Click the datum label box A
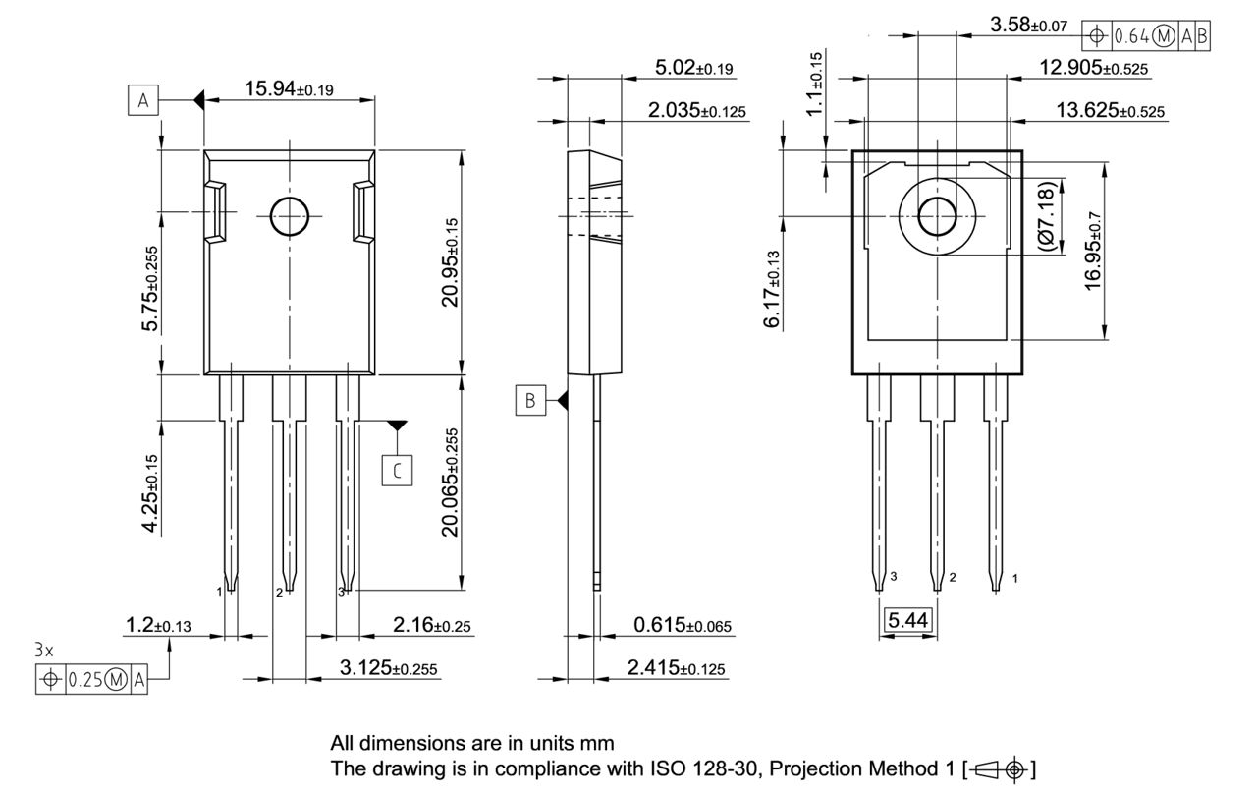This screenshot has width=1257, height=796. (x=143, y=100)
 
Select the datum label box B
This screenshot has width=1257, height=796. (x=529, y=401)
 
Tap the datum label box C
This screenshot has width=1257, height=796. (x=397, y=471)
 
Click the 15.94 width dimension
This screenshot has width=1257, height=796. (x=289, y=89)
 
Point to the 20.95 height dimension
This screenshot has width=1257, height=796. (x=450, y=262)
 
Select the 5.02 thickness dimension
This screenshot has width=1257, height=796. (x=694, y=68)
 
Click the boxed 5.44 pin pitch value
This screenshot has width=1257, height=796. (x=907, y=620)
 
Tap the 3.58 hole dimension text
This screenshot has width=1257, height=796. (x=1028, y=26)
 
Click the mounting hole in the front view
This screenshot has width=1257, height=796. (x=289, y=216)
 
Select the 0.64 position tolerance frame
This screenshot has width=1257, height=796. (x=1146, y=36)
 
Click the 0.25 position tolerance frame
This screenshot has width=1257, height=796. (x=91, y=679)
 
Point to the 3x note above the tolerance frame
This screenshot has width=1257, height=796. (x=44, y=651)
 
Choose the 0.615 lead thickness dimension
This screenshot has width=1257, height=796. (x=683, y=625)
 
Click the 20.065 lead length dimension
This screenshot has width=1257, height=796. (x=450, y=482)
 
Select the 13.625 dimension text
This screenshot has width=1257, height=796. (x=1110, y=110)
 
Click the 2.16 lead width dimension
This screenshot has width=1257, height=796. (x=432, y=625)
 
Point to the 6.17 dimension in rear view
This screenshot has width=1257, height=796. (x=773, y=290)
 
